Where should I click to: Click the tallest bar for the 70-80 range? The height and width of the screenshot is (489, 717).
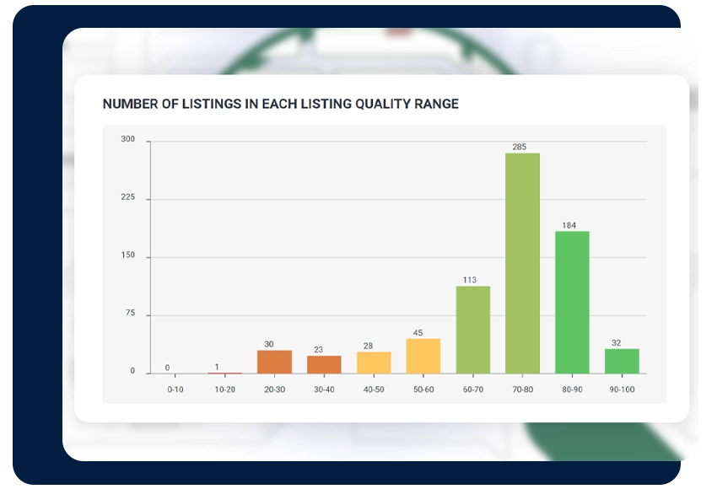tap(522, 263)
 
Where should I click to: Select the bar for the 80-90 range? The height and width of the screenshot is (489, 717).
tap(572, 302)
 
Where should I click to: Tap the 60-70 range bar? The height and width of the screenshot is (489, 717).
tap(473, 330)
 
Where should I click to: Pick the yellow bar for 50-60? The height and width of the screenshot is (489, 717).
tap(423, 356)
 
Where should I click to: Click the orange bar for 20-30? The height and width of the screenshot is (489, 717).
tap(274, 362)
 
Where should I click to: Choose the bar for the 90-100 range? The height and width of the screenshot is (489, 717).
tap(622, 361)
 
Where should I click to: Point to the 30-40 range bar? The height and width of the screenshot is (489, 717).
tap(324, 365)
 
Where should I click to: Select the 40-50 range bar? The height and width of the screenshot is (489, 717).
tap(374, 363)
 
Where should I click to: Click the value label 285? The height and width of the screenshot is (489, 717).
tap(520, 147)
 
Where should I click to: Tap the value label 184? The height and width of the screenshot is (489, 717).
tap(569, 225)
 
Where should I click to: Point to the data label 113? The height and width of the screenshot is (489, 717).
tap(470, 280)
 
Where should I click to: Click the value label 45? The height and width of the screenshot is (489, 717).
tap(418, 333)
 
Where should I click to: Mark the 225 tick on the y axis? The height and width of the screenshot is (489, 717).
tap(128, 197)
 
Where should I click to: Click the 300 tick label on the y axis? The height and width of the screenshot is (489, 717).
tap(128, 139)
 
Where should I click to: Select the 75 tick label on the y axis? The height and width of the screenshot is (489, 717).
tap(130, 313)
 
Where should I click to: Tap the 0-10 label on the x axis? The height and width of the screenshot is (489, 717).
tap(175, 390)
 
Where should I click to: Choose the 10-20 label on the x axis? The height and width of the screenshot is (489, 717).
tap(225, 390)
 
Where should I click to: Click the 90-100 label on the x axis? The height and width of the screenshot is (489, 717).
tap(622, 390)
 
